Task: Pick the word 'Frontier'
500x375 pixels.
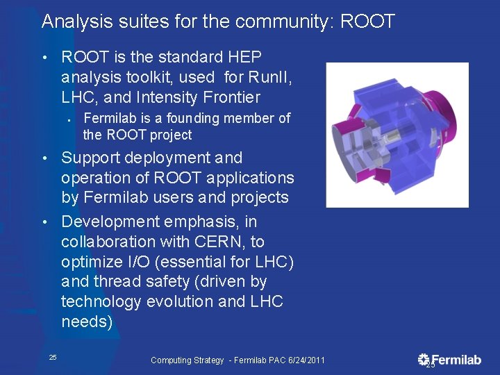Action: point(229,97)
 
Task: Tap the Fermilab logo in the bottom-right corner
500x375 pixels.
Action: point(449,360)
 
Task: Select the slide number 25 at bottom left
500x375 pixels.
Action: point(53,358)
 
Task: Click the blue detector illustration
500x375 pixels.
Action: point(397,135)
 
